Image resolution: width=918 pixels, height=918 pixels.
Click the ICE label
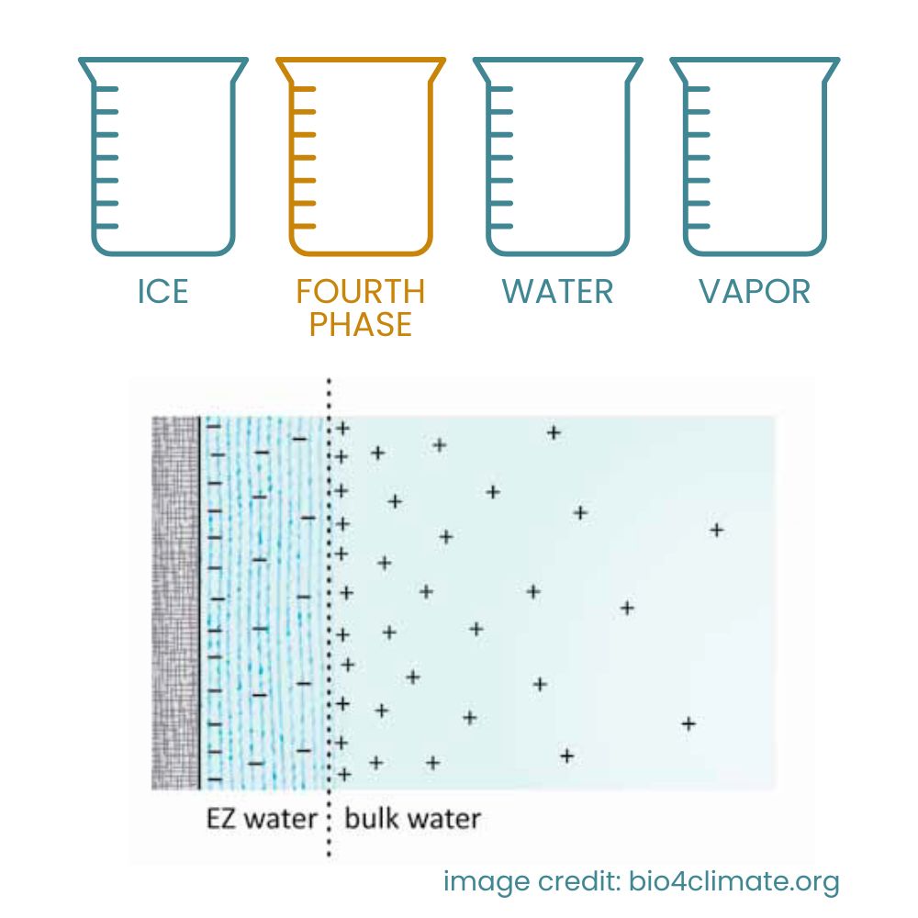tap(162, 292)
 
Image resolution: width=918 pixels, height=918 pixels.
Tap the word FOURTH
tap(361, 292)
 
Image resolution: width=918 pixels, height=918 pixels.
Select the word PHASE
tap(361, 324)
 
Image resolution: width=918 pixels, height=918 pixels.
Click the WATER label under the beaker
tap(557, 292)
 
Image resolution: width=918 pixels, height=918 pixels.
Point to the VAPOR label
tap(755, 292)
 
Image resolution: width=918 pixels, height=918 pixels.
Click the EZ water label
tap(262, 819)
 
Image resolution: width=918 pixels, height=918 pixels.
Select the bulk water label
tap(413, 819)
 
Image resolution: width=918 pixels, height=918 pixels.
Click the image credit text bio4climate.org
tap(734, 881)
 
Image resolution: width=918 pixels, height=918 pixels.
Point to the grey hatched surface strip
tap(175, 603)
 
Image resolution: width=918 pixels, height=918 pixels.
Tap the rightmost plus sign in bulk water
tap(717, 531)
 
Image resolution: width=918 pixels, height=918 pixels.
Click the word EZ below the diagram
tap(221, 819)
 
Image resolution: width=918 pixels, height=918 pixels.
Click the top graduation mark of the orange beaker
tap(305, 89)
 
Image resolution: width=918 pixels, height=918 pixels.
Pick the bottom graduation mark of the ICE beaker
tap(107, 226)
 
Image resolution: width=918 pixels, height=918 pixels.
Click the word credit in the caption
tap(577, 881)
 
